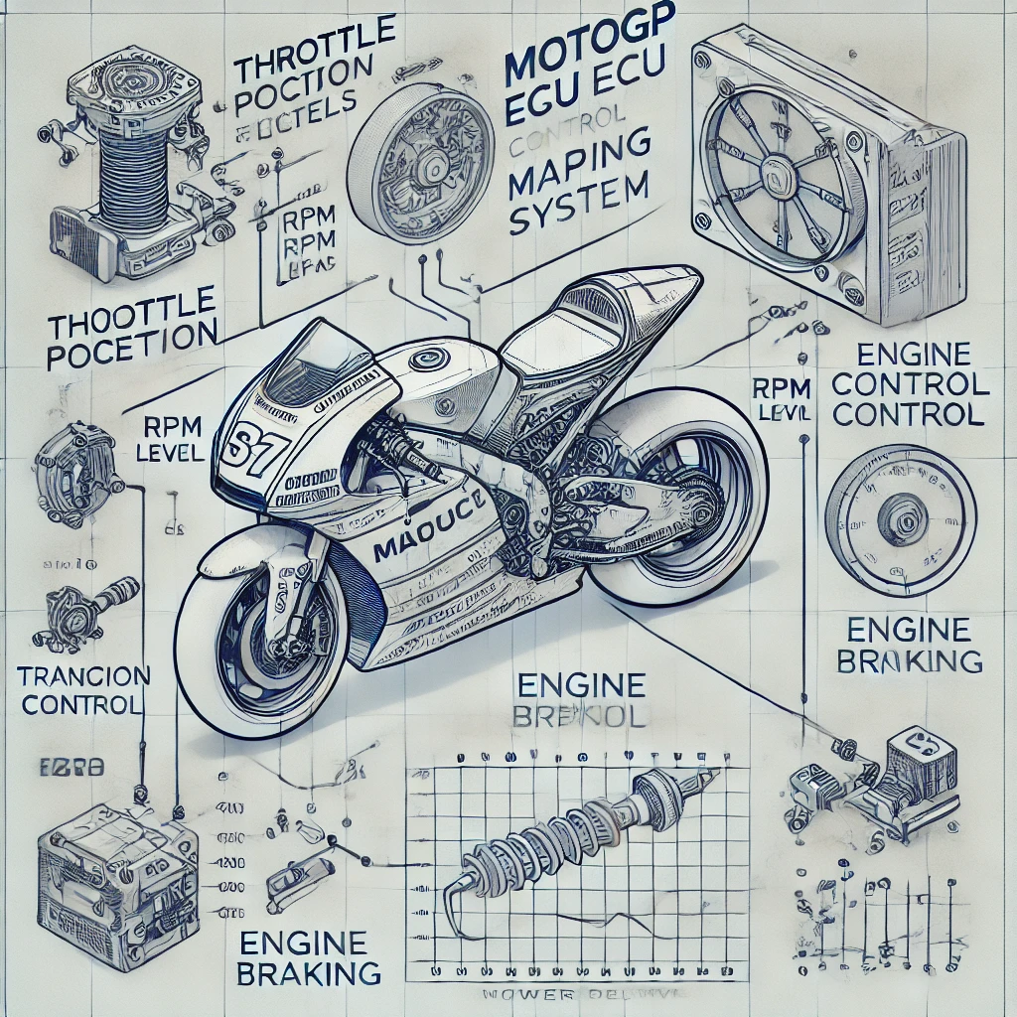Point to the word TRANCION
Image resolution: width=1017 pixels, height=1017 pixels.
point(84,677)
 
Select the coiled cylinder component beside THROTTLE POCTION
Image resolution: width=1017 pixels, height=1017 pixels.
point(109,169)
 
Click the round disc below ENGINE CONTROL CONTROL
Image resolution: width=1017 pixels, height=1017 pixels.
point(900,519)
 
